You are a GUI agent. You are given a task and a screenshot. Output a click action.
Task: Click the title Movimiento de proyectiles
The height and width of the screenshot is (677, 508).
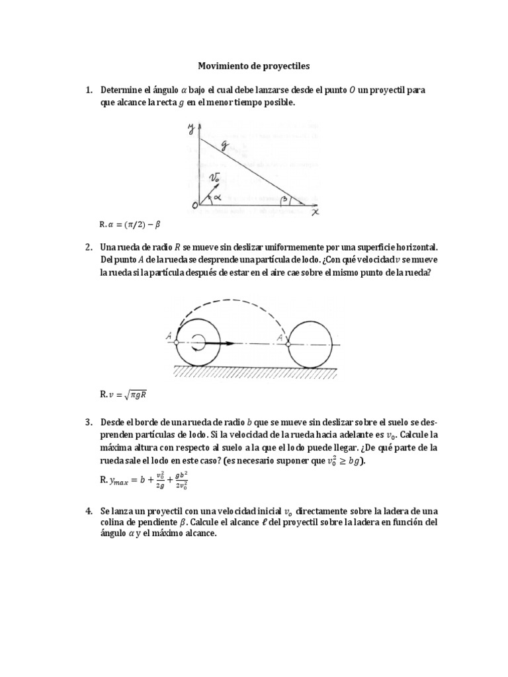pyautogui.click(x=253, y=66)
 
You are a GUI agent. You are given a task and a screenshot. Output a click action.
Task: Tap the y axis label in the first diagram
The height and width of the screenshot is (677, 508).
pyautogui.click(x=189, y=128)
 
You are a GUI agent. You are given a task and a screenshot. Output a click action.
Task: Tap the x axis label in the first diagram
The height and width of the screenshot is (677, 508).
pyautogui.click(x=315, y=213)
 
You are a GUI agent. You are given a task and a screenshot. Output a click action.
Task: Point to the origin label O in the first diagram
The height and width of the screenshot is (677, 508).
pyautogui.click(x=194, y=206)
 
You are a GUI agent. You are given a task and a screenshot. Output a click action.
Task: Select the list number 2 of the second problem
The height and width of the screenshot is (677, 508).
pyautogui.click(x=88, y=247)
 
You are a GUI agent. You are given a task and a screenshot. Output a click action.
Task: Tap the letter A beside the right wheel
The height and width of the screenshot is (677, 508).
pyautogui.click(x=280, y=337)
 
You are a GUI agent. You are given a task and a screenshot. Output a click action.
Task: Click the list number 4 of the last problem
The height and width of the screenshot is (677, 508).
pyautogui.click(x=88, y=511)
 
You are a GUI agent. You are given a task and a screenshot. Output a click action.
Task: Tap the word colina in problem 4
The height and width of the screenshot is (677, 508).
pyautogui.click(x=114, y=522)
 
